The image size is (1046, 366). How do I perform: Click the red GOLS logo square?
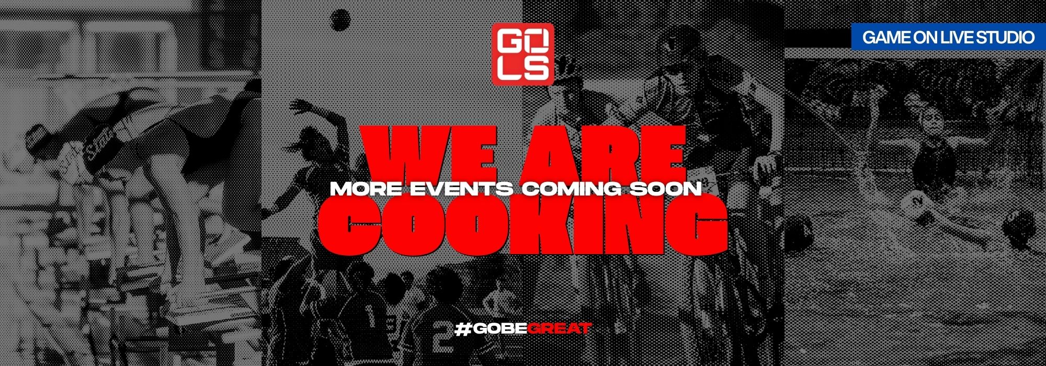point(522,54)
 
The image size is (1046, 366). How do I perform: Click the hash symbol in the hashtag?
point(462,329)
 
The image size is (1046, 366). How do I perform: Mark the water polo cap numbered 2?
point(916,201)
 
